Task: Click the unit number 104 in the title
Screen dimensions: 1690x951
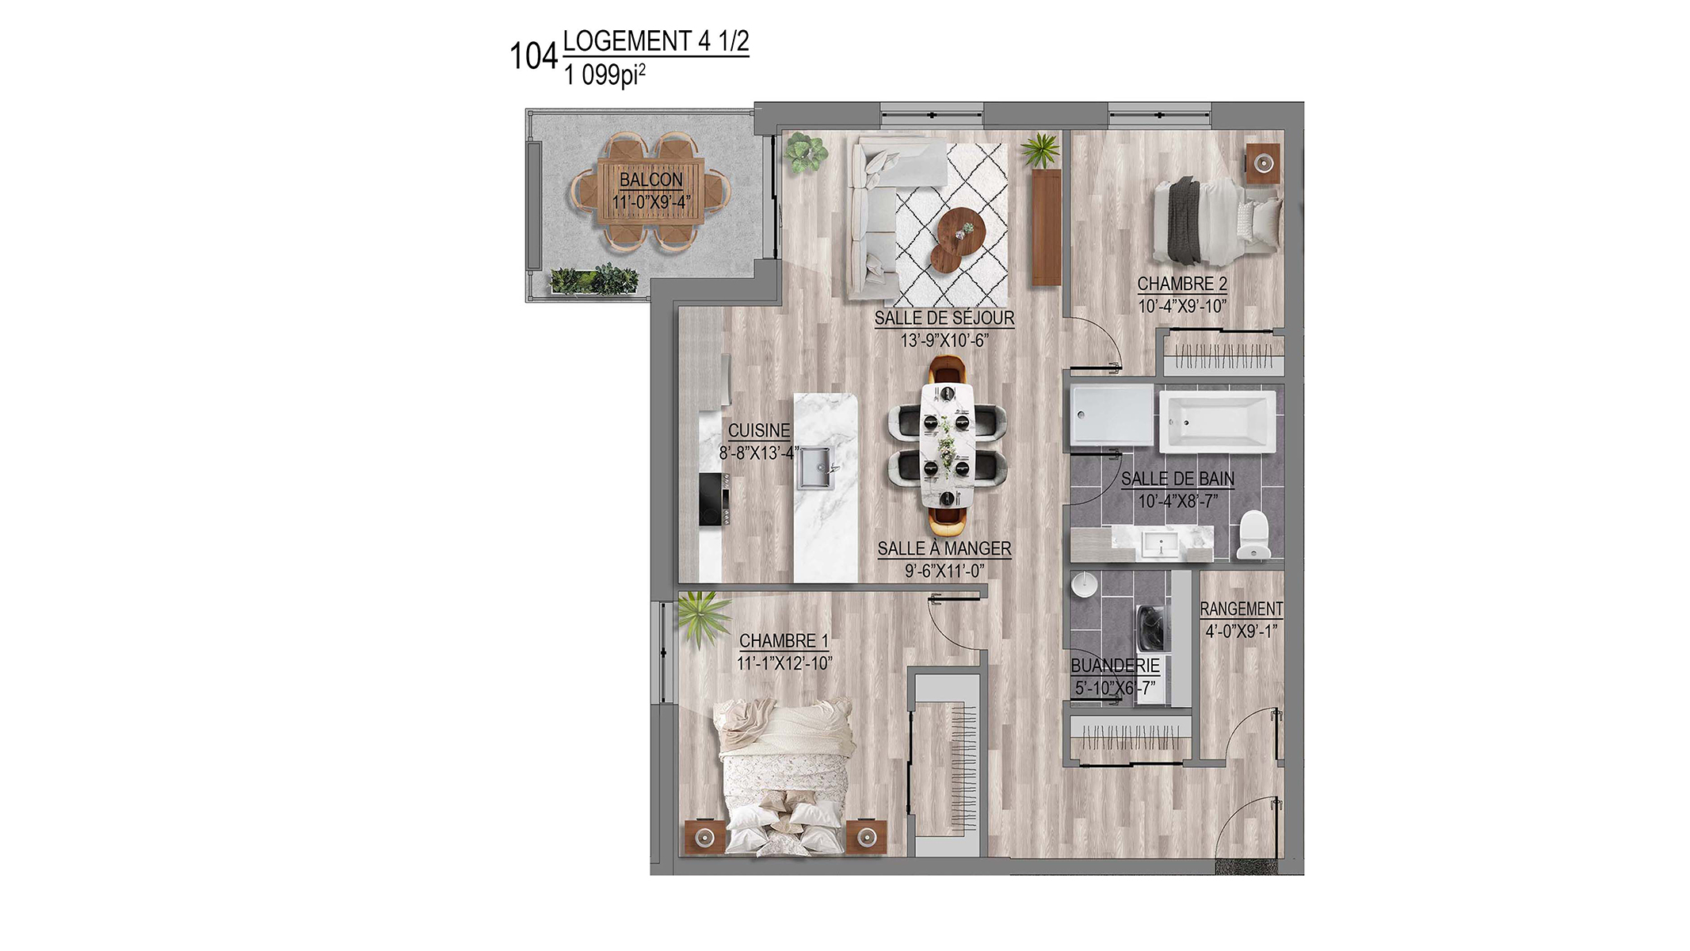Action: (534, 56)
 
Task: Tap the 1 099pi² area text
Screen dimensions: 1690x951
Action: (605, 75)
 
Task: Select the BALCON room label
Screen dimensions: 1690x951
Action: (651, 180)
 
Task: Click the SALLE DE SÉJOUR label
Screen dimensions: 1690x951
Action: (944, 318)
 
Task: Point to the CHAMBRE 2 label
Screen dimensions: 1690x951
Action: (1182, 284)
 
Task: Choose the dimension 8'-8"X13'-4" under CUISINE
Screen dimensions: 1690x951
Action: (759, 453)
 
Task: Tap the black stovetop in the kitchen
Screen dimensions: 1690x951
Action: (715, 499)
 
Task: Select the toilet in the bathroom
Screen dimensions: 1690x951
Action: (1253, 534)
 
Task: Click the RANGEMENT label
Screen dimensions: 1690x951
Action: (1242, 609)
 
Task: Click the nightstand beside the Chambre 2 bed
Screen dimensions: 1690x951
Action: (1263, 163)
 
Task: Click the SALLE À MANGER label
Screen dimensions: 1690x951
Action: (944, 548)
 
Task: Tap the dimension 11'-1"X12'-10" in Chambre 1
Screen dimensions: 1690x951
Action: (784, 663)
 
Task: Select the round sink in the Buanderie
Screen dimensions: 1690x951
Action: (1083, 586)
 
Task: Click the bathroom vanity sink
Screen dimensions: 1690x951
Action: (1163, 544)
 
